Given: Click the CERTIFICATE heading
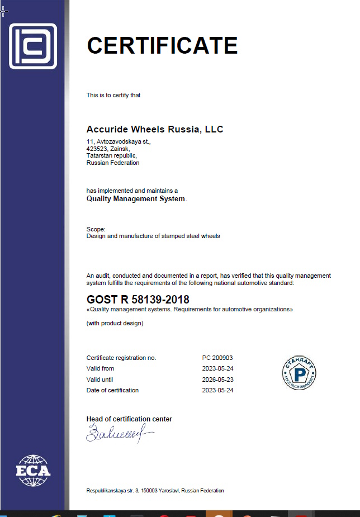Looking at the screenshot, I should click(162, 45).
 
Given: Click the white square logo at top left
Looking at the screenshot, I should click(33, 46).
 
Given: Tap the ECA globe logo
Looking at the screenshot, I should click(33, 471).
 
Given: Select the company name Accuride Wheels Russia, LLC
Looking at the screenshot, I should click(155, 130).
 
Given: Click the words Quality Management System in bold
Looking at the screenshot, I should click(136, 198).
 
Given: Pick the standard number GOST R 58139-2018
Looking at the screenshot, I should click(138, 299).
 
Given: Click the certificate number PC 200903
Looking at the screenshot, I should click(217, 358).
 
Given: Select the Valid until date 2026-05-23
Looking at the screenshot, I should click(217, 380).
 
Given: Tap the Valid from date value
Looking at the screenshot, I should click(217, 368).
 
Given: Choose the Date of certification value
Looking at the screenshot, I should click(217, 390).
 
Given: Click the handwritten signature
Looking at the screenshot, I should click(117, 433).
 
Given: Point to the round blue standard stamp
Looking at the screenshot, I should click(299, 371).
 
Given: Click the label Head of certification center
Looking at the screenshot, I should click(129, 419).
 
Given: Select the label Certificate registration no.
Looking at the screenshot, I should click(121, 358).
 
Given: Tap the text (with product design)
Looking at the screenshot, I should click(115, 324).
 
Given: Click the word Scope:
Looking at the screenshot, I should click(96, 229).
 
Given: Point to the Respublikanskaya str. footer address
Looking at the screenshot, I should click(155, 491).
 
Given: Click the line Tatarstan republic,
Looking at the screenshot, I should click(111, 156).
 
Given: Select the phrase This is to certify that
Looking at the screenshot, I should click(113, 95).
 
